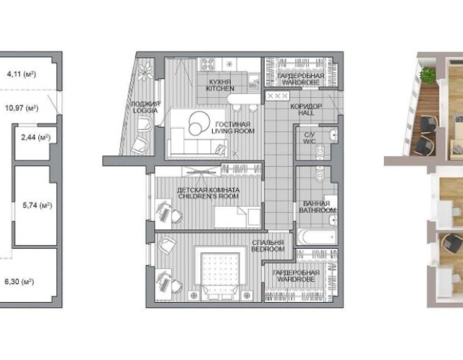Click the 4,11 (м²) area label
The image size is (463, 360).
[21, 74]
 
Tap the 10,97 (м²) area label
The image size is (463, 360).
[22, 108]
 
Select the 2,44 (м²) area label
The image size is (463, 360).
[35, 137]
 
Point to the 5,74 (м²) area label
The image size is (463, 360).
[37, 205]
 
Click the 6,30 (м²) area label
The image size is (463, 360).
[20, 281]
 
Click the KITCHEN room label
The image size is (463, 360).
[220, 88]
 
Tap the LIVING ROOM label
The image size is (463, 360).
[233, 131]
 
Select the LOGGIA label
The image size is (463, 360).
[145, 111]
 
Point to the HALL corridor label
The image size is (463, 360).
[306, 113]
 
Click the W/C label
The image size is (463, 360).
[310, 142]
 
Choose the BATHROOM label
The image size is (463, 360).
[317, 210]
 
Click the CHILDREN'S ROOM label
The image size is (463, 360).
[208, 196]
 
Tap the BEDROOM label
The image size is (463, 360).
[268, 249]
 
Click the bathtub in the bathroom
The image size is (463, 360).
[317, 236]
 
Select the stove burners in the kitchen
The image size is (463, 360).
[208, 64]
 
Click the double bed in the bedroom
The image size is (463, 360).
[220, 273]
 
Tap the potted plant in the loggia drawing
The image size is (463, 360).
[146, 71]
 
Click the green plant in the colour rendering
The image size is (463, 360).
[428, 74]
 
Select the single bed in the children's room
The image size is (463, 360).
[238, 218]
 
